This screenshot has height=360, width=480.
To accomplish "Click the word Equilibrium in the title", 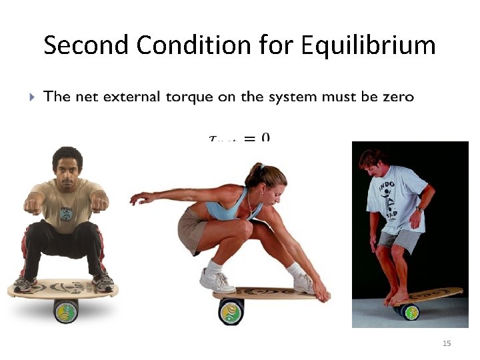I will (368, 46).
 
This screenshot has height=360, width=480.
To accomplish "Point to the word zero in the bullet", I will (398, 97).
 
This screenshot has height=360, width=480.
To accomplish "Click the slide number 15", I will (447, 343).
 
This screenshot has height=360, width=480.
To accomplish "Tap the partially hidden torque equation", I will (240, 137).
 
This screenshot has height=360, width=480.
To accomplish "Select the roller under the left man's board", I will (66, 311).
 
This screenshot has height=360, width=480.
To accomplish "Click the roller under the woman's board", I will (231, 311).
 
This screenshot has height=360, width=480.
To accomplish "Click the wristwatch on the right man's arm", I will (419, 209).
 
